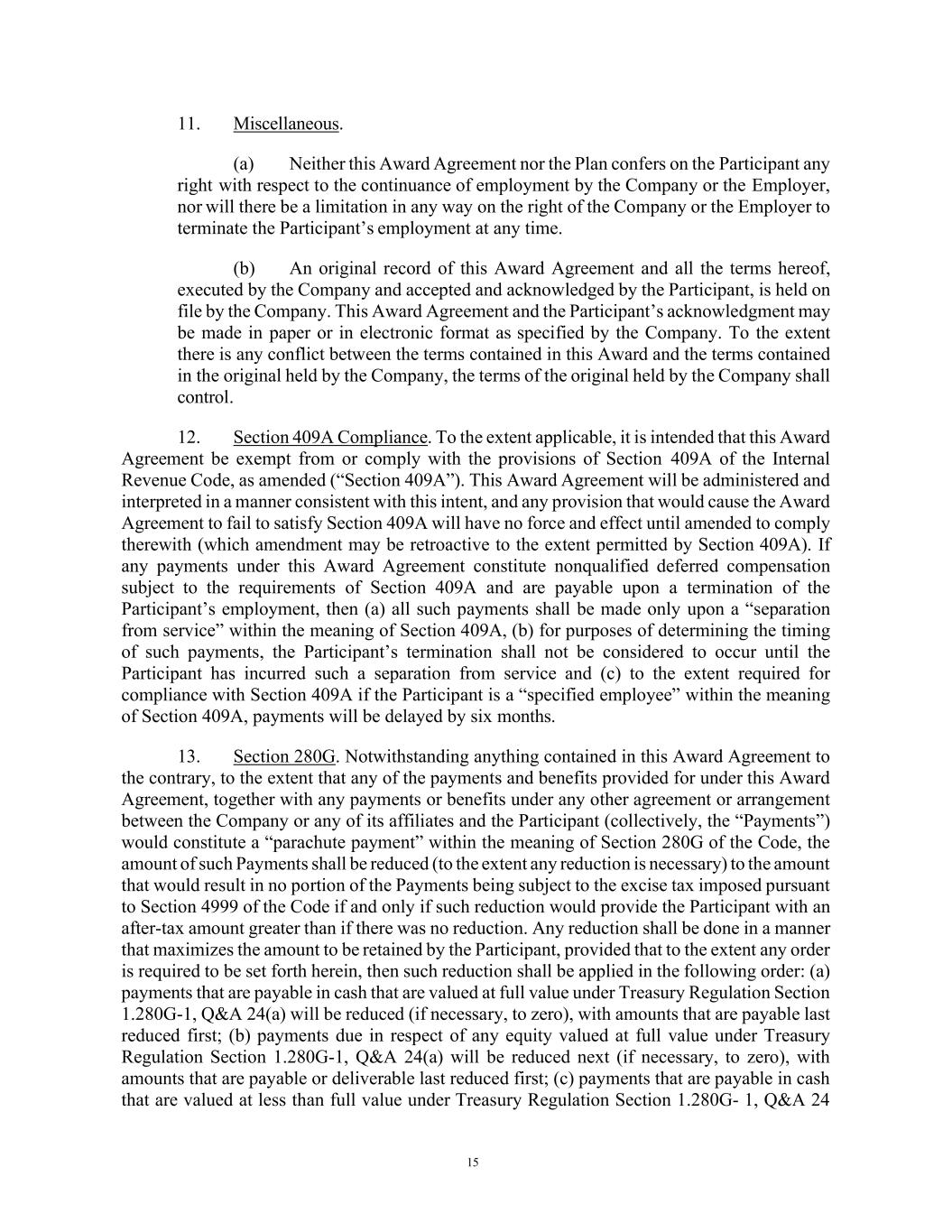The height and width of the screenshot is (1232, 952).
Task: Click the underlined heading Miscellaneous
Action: pos(286,124)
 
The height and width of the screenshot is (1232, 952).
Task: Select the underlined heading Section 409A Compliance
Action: pos(329,438)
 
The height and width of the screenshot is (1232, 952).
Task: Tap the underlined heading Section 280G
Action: pos(284,756)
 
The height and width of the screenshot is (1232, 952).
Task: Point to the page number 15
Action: pos(473,1163)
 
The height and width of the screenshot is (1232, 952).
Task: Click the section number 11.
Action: pos(188,124)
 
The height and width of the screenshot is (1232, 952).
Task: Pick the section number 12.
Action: pos(188,438)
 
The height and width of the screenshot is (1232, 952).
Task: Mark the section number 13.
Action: pos(188,756)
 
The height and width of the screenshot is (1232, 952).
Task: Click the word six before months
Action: pos(485,717)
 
